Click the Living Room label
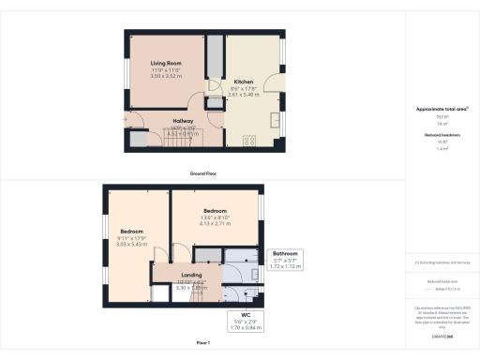(166, 63)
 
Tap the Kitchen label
(244, 82)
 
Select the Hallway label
(185, 121)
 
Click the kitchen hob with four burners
(249, 141)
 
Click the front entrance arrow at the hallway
(125, 120)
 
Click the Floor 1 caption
(202, 344)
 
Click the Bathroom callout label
(285, 254)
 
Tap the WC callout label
(246, 316)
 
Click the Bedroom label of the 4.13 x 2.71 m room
(216, 212)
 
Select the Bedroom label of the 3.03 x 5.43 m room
(131, 231)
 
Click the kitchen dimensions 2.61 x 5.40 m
(244, 94)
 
